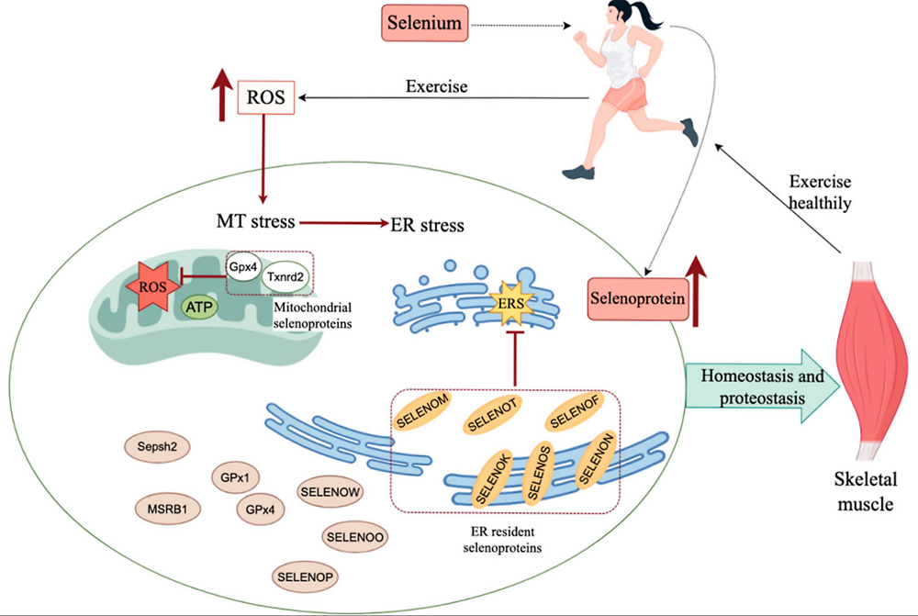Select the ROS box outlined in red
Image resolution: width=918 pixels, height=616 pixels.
tap(267, 96)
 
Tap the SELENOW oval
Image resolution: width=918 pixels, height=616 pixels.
tap(330, 493)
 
